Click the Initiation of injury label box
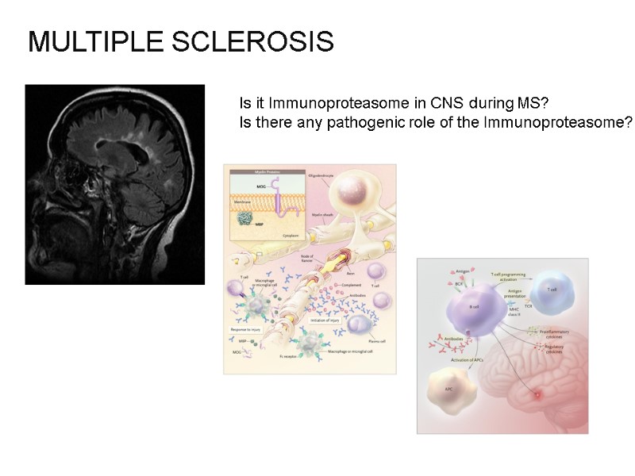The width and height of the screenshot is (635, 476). tap(325, 320)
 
